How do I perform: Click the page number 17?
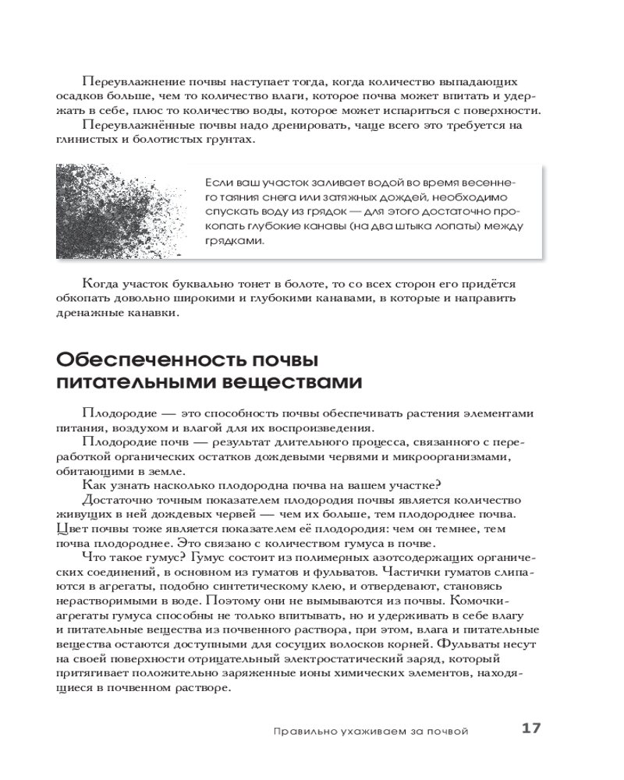530,729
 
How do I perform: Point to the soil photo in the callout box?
117,211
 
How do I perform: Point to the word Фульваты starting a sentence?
466,644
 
